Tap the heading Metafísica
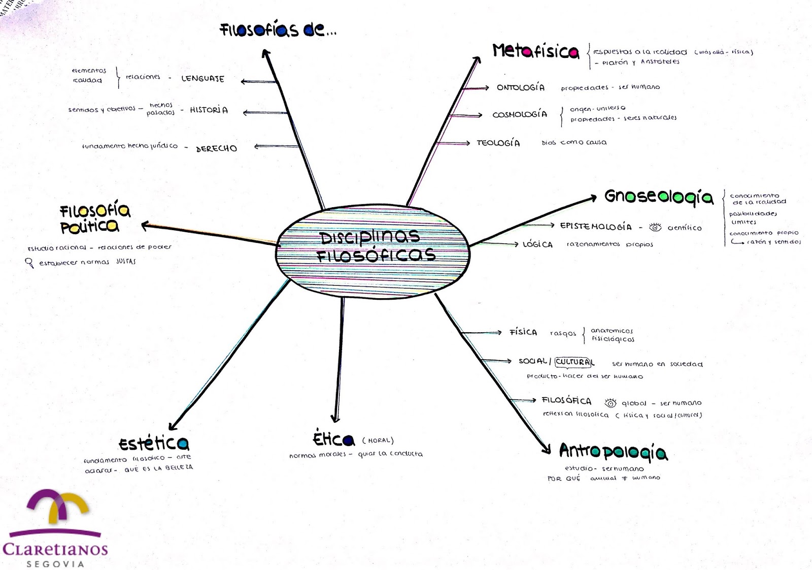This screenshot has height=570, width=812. pyautogui.click(x=535, y=51)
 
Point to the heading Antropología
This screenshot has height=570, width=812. pyautogui.click(x=613, y=451)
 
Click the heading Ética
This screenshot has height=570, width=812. pyautogui.click(x=333, y=439)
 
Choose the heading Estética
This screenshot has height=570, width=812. pyautogui.click(x=154, y=444)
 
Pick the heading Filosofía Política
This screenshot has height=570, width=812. pyautogui.click(x=95, y=218)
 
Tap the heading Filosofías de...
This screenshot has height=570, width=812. pyautogui.click(x=278, y=30)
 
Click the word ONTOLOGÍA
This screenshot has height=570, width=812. pyautogui.click(x=521, y=87)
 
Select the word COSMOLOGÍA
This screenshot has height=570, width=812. pyautogui.click(x=520, y=114)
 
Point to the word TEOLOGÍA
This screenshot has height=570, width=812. pyautogui.click(x=498, y=143)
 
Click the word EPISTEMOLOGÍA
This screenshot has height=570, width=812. pyautogui.click(x=596, y=227)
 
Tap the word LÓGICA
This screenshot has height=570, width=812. pyautogui.click(x=537, y=244)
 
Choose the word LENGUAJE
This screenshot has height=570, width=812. pyautogui.click(x=202, y=79)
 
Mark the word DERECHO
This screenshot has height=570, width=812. pyautogui.click(x=216, y=148)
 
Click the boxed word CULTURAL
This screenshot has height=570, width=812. pyautogui.click(x=573, y=362)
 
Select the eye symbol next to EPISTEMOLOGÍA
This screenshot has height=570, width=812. pyautogui.click(x=656, y=227)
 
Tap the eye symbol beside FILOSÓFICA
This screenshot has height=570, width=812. pyautogui.click(x=611, y=403)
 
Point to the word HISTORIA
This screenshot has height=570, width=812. pyautogui.click(x=209, y=110)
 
